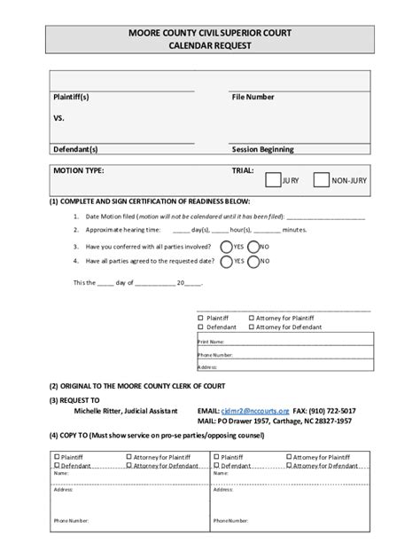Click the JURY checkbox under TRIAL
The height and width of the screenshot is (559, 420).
pos(274,180)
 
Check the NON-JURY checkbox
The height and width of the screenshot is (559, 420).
pos(322,180)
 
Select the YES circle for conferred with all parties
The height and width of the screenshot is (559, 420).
pos(226,247)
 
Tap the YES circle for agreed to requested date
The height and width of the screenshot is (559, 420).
pos(226,262)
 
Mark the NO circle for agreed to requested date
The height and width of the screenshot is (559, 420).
pos(254,262)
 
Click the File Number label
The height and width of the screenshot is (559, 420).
pos(253,97)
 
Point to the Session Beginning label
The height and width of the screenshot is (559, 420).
pos(262,149)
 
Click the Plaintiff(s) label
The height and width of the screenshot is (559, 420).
pos(72,97)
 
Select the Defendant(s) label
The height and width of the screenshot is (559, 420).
pos(75,149)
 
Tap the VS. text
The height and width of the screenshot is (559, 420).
pos(58,117)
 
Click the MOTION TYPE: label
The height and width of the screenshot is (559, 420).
pos(78,169)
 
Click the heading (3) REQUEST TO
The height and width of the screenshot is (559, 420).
pos(77,400)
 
